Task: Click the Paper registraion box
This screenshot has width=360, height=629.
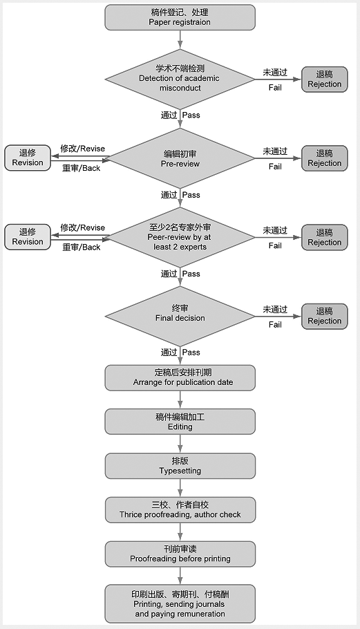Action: (180, 17)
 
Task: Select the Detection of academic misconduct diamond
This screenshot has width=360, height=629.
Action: (180, 79)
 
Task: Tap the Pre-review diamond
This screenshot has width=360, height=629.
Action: (180, 158)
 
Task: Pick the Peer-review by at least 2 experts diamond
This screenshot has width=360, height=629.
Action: (180, 237)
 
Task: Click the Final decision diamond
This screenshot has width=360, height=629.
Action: (180, 316)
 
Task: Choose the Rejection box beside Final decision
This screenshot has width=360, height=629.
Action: (324, 316)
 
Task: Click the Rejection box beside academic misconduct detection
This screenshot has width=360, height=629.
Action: (324, 79)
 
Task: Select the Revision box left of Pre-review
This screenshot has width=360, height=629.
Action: (28, 158)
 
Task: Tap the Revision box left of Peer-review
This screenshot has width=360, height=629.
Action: (28, 237)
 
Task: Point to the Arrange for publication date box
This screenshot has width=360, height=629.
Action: (180, 377)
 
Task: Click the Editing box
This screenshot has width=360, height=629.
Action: (180, 422)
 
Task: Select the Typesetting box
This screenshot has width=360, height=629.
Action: (180, 466)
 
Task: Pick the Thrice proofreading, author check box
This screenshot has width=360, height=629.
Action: (180, 510)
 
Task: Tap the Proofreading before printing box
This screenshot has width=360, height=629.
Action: (180, 554)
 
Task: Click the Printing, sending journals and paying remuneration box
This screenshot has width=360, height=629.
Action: (180, 603)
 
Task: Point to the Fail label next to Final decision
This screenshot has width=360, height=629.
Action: (275, 325)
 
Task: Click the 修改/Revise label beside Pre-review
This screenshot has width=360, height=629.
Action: (83, 149)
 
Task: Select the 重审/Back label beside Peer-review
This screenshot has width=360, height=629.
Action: (82, 247)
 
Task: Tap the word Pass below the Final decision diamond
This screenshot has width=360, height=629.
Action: (191, 353)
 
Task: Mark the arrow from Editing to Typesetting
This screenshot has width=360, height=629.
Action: (180, 444)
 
